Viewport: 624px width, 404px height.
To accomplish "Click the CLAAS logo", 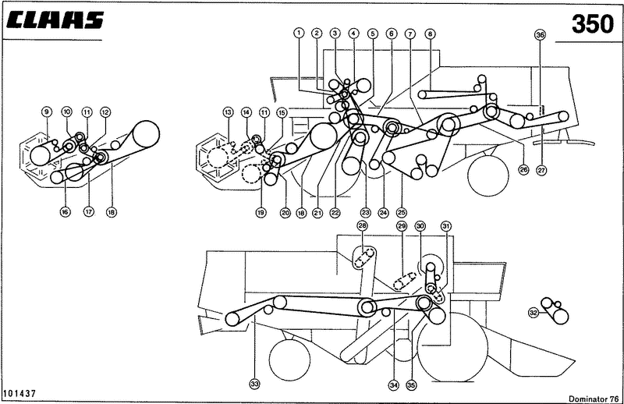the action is (55, 20).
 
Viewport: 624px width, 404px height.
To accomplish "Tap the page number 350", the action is (593, 24).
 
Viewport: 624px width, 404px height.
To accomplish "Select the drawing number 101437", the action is (19, 393).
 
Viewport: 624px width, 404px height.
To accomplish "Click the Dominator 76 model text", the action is (594, 399).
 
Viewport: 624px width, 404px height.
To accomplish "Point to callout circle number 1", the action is (299, 33).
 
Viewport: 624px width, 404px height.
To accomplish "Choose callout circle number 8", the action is (430, 34).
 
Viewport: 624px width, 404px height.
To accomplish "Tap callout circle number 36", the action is (540, 34).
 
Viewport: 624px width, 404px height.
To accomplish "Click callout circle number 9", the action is (47, 112).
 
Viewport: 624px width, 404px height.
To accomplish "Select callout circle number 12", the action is (105, 112).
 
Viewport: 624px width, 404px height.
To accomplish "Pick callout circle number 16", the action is (65, 212).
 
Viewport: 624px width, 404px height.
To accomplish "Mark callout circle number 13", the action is (228, 112).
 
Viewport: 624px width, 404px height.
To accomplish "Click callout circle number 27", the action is (541, 170).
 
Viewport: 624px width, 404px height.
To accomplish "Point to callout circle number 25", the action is (401, 212).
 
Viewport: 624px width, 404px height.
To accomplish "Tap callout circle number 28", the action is (362, 226).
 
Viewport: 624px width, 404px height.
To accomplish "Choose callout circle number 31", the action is (446, 226).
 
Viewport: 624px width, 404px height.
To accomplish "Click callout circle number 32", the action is (534, 313).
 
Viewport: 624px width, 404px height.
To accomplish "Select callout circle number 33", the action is (255, 384).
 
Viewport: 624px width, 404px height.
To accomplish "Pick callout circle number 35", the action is (412, 385).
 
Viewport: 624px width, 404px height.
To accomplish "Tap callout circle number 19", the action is (261, 213).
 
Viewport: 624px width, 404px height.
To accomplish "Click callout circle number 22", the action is (335, 213).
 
